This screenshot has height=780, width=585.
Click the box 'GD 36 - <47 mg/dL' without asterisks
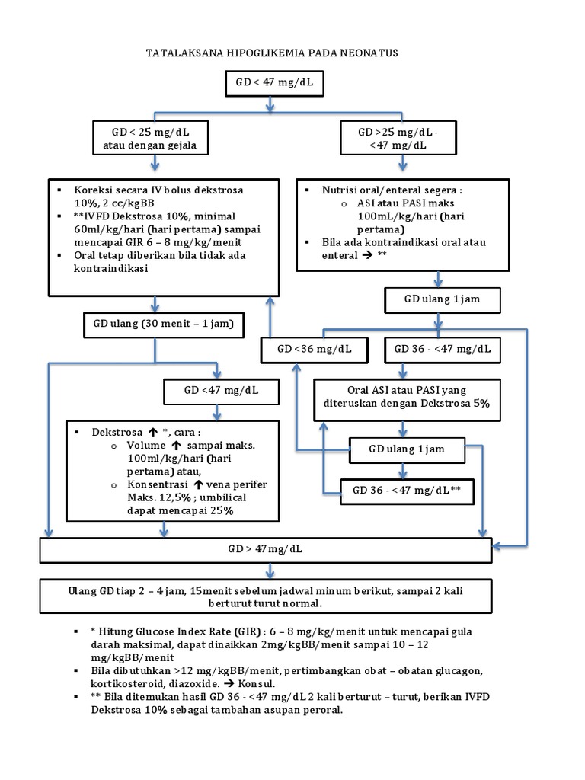pos(442,350)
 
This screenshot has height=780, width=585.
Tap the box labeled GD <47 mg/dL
pos(221,392)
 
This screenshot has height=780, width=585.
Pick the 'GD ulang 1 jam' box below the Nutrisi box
pos(442,299)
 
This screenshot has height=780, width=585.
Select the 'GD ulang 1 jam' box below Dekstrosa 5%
pos(406,449)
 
